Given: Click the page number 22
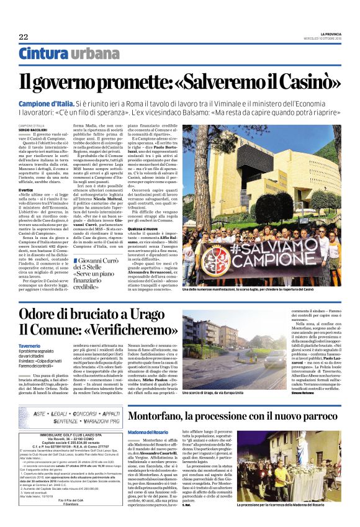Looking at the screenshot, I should coord(23,37).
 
